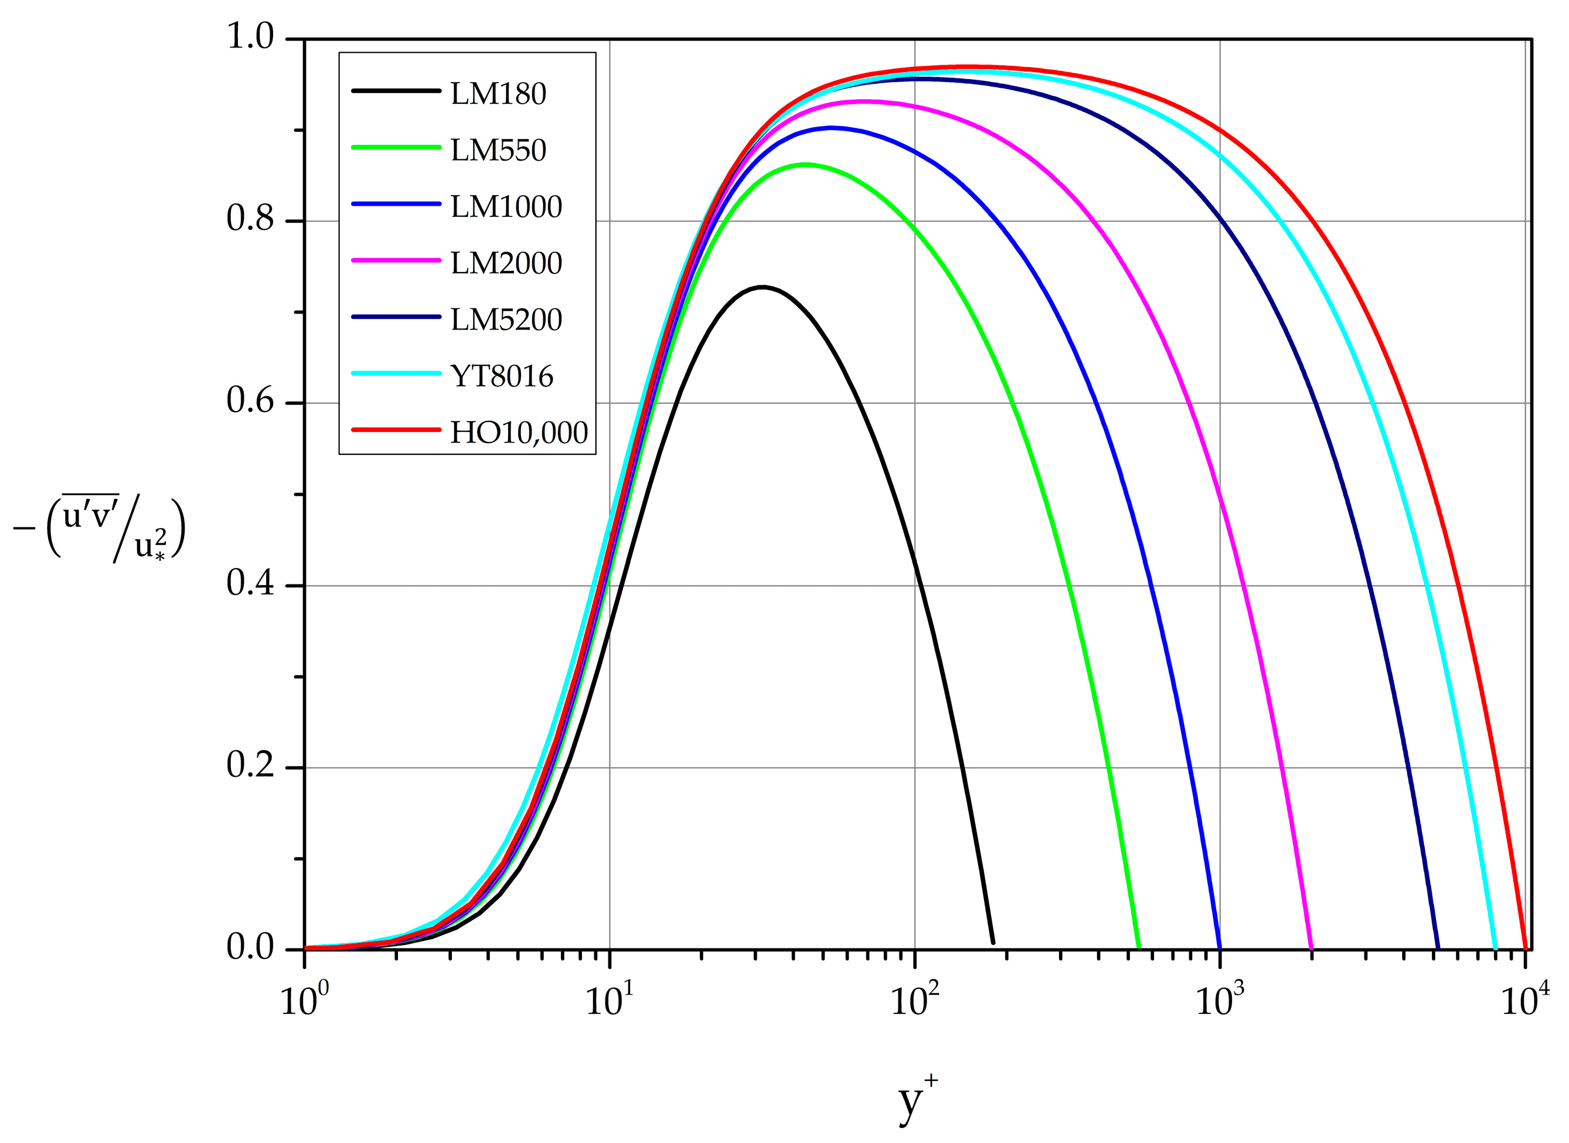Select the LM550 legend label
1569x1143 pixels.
pos(498,151)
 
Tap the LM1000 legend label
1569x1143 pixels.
pos(506,207)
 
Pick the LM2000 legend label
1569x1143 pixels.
pos(506,264)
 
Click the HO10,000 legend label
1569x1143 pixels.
pos(519,433)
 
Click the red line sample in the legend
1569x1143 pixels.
pos(396,430)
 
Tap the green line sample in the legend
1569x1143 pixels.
pos(396,147)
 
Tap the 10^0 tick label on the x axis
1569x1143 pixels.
pos(304,1000)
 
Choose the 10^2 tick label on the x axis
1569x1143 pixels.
pos(914,1000)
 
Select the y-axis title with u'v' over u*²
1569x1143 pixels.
pos(100,527)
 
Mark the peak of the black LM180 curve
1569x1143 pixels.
pos(763,287)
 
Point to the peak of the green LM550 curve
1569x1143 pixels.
pos(805,164)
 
